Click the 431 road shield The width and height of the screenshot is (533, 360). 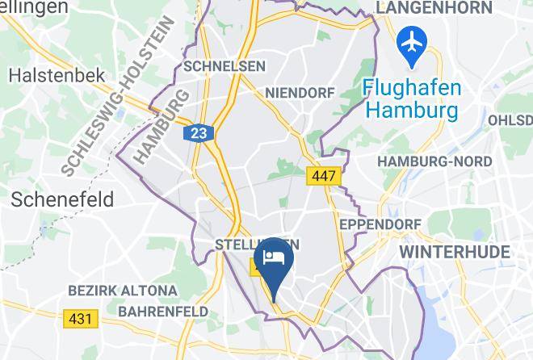81,319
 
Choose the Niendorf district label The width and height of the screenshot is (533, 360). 299,93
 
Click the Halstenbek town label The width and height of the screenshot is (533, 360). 57,75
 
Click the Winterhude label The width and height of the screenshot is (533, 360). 455,252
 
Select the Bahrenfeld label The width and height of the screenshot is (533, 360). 162,311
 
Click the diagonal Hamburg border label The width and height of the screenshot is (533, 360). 159,128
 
